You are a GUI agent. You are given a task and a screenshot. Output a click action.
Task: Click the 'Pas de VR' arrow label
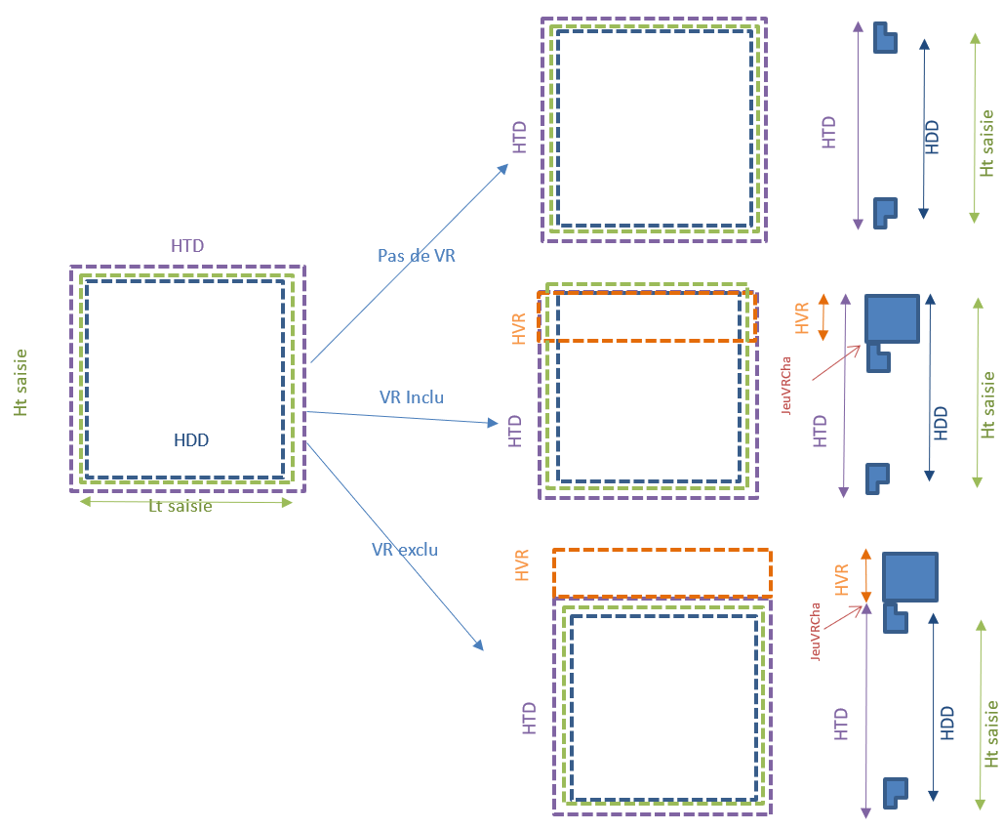tap(417, 256)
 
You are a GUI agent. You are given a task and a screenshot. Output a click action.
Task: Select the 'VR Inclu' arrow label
tap(411, 397)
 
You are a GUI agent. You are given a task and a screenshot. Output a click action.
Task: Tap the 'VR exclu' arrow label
tap(405, 550)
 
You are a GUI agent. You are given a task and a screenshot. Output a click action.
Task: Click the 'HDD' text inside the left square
tap(191, 440)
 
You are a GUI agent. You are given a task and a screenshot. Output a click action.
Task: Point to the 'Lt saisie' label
tap(180, 506)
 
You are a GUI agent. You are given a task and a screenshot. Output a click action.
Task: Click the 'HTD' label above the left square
tap(187, 246)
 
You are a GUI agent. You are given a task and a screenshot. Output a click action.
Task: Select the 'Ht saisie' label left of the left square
tap(21, 383)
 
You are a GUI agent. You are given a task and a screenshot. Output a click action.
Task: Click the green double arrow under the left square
tap(185, 502)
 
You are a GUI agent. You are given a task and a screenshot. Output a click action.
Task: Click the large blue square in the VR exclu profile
tap(910, 577)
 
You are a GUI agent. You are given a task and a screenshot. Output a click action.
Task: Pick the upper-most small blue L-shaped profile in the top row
tap(885, 38)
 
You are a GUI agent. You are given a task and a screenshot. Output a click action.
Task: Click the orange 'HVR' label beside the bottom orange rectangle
tap(523, 566)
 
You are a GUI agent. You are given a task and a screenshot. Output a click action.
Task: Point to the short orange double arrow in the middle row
tap(823, 317)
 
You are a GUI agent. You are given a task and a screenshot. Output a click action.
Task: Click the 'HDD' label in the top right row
tap(932, 137)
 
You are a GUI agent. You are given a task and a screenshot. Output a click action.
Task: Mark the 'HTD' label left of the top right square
tap(519, 136)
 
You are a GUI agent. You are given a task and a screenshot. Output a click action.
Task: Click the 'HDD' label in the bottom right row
tap(946, 723)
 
